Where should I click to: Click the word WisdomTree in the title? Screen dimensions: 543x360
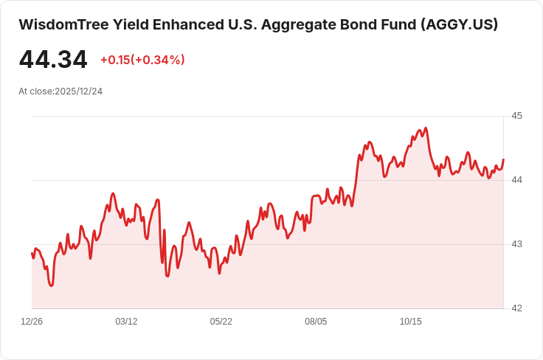[63, 24]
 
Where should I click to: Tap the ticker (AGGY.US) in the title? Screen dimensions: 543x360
[459, 24]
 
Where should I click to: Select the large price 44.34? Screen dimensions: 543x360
[53, 60]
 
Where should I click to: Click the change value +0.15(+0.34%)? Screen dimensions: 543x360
[142, 60]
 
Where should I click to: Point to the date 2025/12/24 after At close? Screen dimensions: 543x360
[79, 91]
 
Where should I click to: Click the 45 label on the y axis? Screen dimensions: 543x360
[516, 116]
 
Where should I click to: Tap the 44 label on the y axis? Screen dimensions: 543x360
[516, 180]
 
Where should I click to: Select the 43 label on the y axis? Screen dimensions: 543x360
[516, 244]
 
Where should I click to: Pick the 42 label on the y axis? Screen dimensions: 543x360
[516, 308]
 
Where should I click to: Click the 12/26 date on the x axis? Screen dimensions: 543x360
[32, 322]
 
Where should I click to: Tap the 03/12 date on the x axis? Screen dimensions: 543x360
[126, 322]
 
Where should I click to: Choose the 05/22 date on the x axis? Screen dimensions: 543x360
[221, 322]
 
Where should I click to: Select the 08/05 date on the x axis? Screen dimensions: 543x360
[316, 322]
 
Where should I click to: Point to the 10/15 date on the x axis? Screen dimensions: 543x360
[411, 322]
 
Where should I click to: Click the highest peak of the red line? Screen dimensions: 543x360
[426, 128]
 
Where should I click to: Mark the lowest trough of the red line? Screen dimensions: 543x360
[52, 285]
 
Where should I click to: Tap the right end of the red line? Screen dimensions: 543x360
[503, 159]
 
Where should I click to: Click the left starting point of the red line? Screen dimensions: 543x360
[32, 253]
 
